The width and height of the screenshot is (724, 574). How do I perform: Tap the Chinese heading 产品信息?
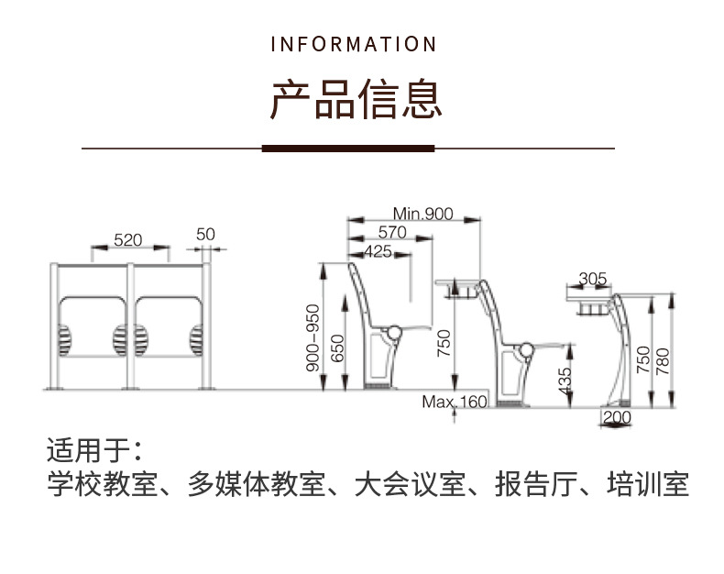click(356, 99)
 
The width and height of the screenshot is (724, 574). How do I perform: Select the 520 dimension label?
click(128, 240)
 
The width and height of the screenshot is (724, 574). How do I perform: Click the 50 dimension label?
click(205, 235)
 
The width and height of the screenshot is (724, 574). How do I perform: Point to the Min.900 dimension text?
click(423, 214)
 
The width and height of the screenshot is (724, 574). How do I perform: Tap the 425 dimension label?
click(378, 250)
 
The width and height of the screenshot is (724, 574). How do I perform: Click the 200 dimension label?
click(619, 417)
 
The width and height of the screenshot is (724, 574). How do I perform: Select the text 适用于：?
click(93, 451)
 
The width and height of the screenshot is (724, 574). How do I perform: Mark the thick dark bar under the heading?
click(347, 148)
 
